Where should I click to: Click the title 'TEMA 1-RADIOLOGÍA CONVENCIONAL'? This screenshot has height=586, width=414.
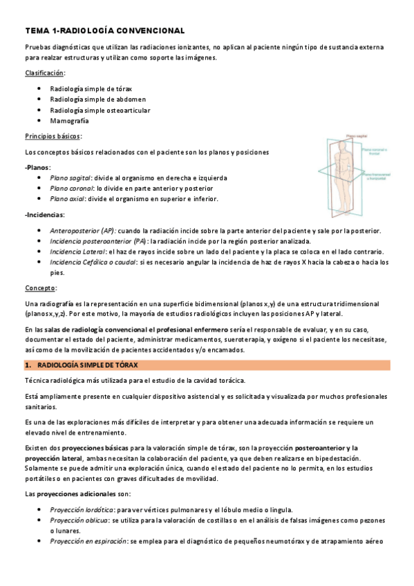tap(104, 31)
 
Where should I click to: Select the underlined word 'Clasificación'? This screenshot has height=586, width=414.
tap(45, 73)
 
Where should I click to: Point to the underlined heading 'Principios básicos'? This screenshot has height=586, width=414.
tap(53, 136)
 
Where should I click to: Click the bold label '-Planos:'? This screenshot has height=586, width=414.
tap(37, 167)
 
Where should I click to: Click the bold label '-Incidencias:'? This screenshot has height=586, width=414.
tap(44, 214)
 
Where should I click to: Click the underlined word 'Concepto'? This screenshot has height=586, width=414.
tap(41, 287)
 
